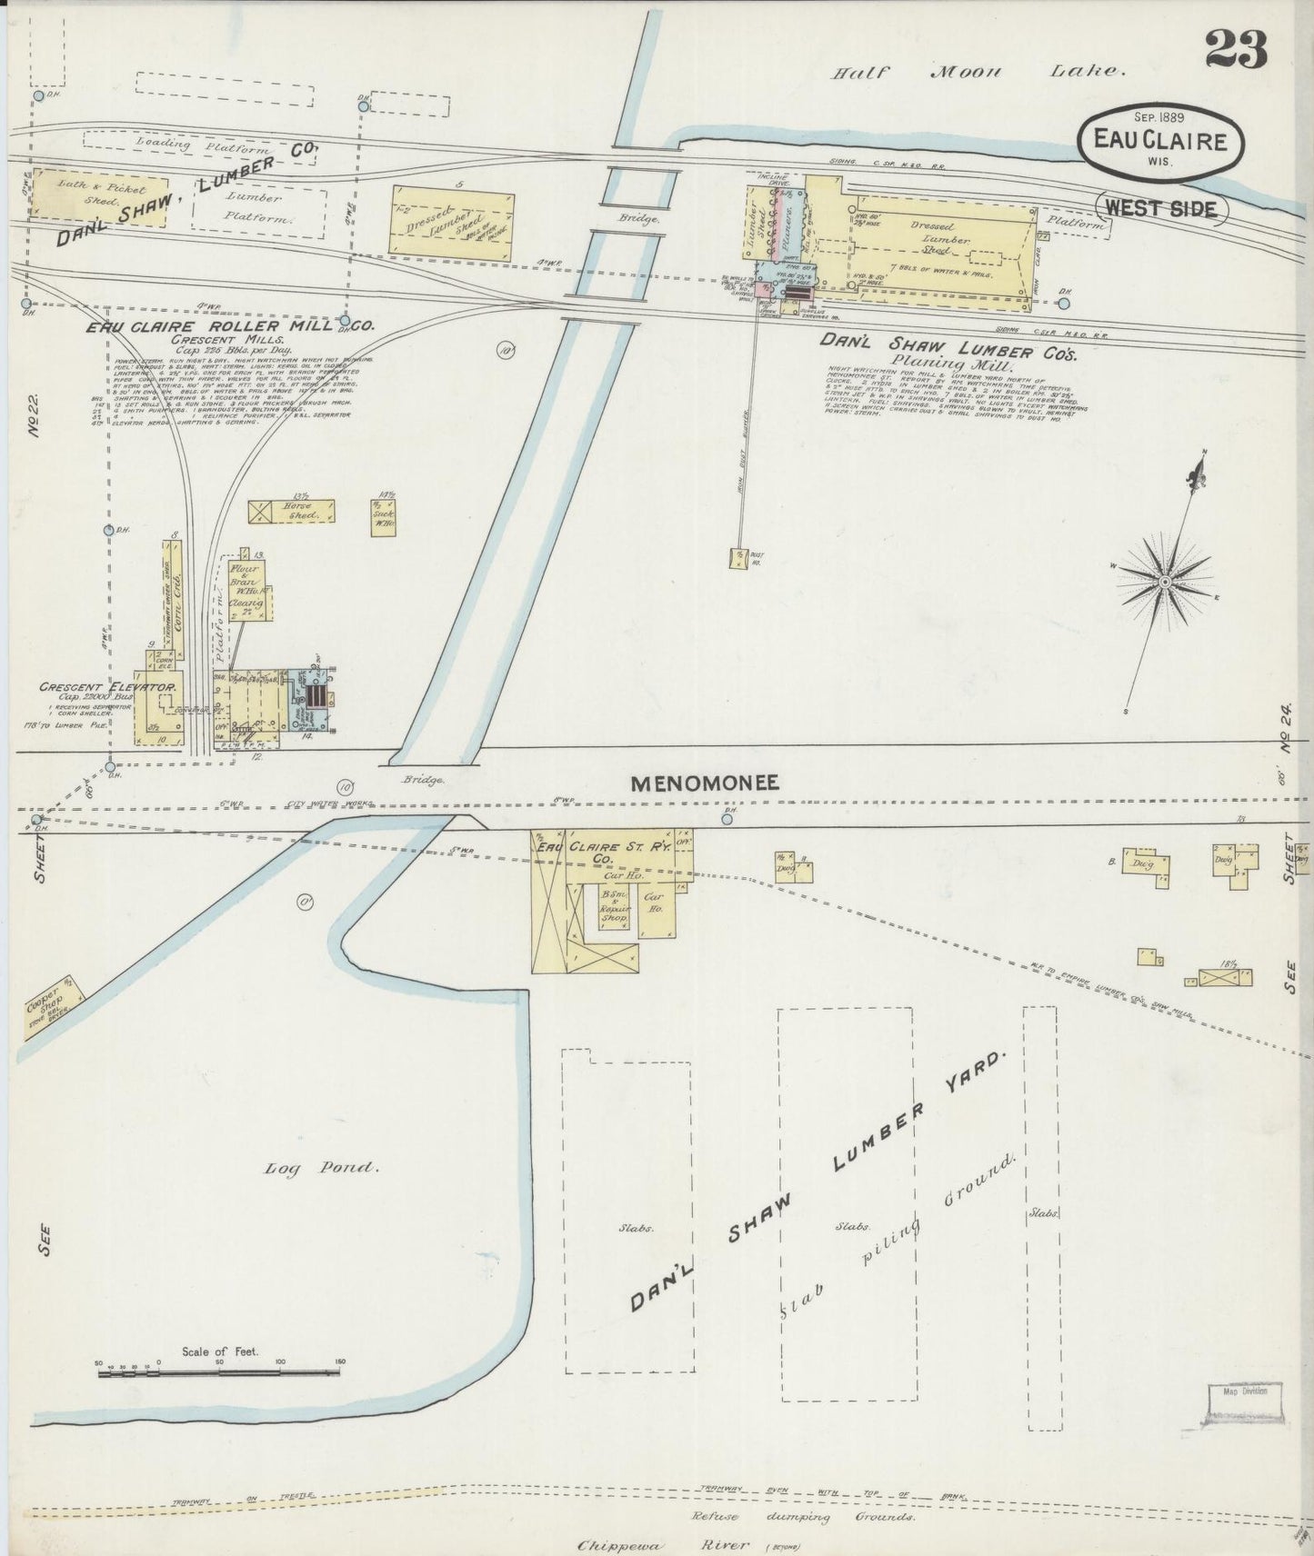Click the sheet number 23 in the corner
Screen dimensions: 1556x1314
(1236, 49)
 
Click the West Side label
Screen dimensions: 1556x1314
(1162, 208)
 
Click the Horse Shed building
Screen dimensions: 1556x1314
(293, 511)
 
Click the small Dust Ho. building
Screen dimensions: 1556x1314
(737, 557)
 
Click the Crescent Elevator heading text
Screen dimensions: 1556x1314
(106, 687)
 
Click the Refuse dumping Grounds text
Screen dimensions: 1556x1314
(802, 1517)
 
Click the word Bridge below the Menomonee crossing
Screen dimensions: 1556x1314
(421, 780)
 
